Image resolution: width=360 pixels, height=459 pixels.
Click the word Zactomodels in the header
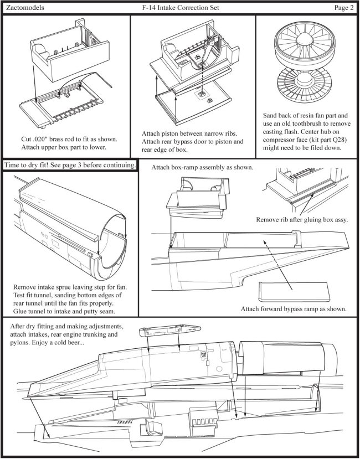[24, 8]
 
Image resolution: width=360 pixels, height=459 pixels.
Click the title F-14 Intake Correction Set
[181, 8]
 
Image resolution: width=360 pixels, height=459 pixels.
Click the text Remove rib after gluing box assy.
[301, 220]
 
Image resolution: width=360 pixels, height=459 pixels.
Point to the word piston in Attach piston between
[177, 135]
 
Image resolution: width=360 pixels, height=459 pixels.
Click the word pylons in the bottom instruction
[20, 343]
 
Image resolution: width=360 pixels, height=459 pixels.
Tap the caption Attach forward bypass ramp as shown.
[293, 309]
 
